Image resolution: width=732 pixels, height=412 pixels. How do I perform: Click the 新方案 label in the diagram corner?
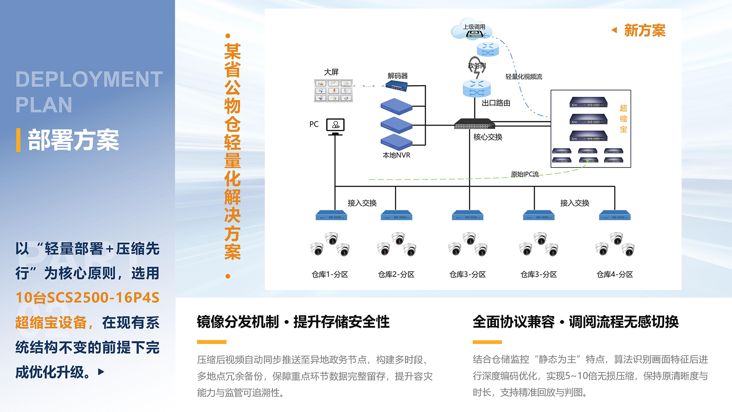[644, 31]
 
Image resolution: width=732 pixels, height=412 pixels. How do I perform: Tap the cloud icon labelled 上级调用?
[472, 29]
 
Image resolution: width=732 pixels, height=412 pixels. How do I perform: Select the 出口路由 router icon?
[477, 89]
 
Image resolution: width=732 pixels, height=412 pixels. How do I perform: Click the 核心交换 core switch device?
[474, 124]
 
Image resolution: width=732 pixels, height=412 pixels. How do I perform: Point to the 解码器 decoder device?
[396, 86]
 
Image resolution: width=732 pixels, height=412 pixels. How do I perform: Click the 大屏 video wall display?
[333, 91]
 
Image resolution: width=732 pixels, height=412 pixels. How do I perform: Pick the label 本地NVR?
[396, 155]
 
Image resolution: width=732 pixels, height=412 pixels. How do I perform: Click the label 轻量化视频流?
[523, 77]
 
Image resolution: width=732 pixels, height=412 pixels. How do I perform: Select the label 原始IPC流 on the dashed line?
[525, 174]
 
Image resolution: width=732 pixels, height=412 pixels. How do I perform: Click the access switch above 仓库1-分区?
[331, 216]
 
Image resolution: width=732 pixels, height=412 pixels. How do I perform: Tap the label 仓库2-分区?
[396, 275]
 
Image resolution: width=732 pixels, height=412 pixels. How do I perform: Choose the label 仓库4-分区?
[615, 275]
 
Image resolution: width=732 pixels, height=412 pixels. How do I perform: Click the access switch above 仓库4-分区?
[615, 216]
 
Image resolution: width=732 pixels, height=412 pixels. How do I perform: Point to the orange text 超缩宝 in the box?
[623, 119]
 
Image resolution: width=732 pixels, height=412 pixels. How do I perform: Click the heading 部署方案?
[73, 140]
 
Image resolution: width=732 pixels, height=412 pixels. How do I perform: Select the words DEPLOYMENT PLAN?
[89, 92]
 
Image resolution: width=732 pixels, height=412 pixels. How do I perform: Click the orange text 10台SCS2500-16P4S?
[87, 298]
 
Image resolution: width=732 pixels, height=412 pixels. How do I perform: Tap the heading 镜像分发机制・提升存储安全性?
[293, 322]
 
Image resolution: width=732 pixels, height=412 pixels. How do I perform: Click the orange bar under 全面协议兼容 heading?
[487, 342]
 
